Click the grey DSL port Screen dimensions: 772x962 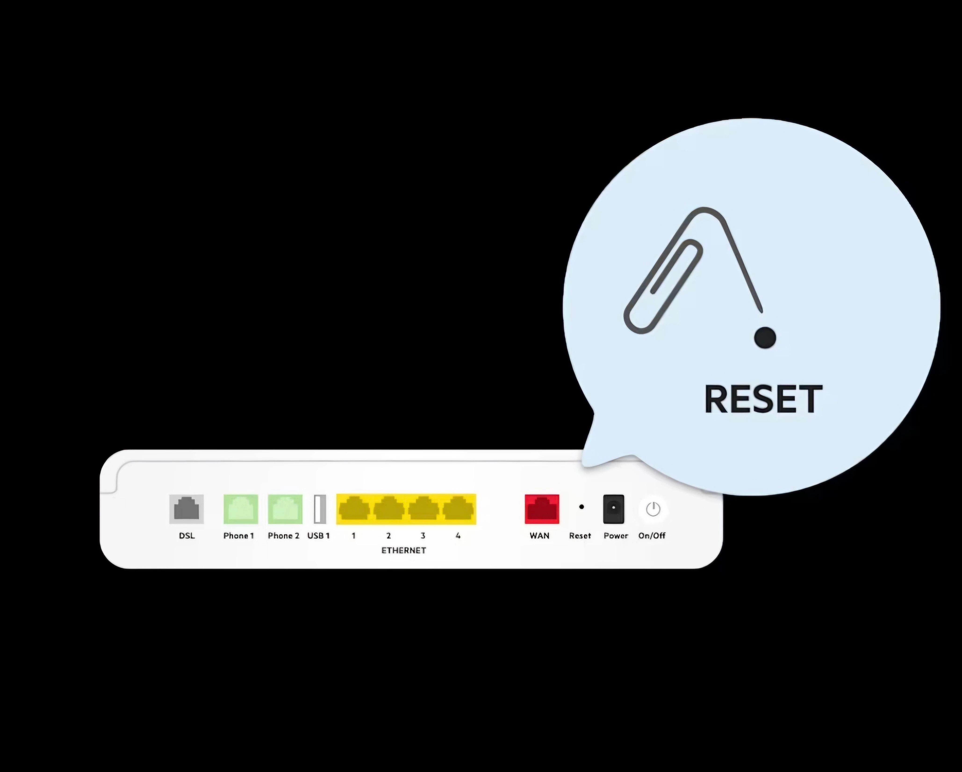pos(187,509)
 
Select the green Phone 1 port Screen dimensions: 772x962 pos(240,509)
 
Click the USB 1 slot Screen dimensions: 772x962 pos(319,509)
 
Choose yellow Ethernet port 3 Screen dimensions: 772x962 pos(424,509)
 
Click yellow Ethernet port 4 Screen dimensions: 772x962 pos(458,509)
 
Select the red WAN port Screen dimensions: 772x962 pos(542,509)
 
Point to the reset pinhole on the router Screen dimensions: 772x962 pos(582,507)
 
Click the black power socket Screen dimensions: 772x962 pos(614,509)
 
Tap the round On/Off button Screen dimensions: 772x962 pos(653,509)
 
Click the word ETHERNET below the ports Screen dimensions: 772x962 pos(403,550)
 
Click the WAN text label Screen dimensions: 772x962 pos(539,536)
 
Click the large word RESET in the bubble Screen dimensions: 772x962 pos(763,399)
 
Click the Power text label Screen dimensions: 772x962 pos(616,536)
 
